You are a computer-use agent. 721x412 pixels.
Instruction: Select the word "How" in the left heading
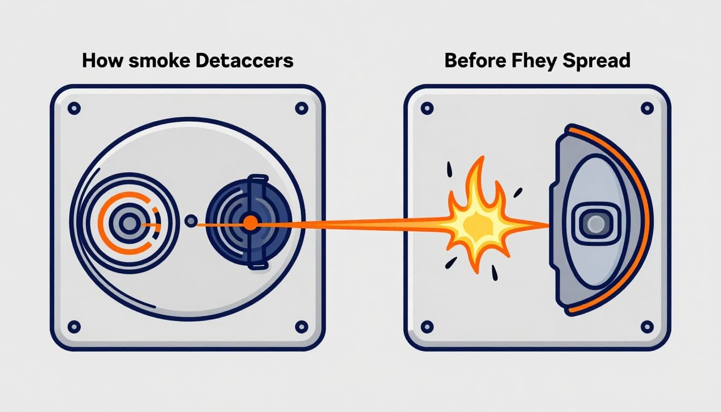click(x=102, y=60)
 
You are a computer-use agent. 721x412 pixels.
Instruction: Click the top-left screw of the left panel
click(x=74, y=108)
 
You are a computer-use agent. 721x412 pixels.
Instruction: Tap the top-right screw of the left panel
click(x=301, y=108)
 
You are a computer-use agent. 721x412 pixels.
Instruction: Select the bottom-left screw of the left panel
click(x=74, y=326)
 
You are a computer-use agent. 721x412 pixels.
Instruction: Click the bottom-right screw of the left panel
click(x=301, y=326)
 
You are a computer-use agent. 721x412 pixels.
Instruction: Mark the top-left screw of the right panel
click(x=427, y=108)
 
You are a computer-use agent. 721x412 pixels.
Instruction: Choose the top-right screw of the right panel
click(x=648, y=108)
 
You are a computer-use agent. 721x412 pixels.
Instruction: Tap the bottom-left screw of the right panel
click(x=427, y=326)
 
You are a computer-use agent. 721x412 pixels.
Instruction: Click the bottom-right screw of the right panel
click(x=648, y=326)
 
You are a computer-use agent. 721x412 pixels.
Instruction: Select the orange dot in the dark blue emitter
click(x=250, y=223)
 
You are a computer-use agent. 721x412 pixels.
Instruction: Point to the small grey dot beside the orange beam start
click(x=190, y=220)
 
